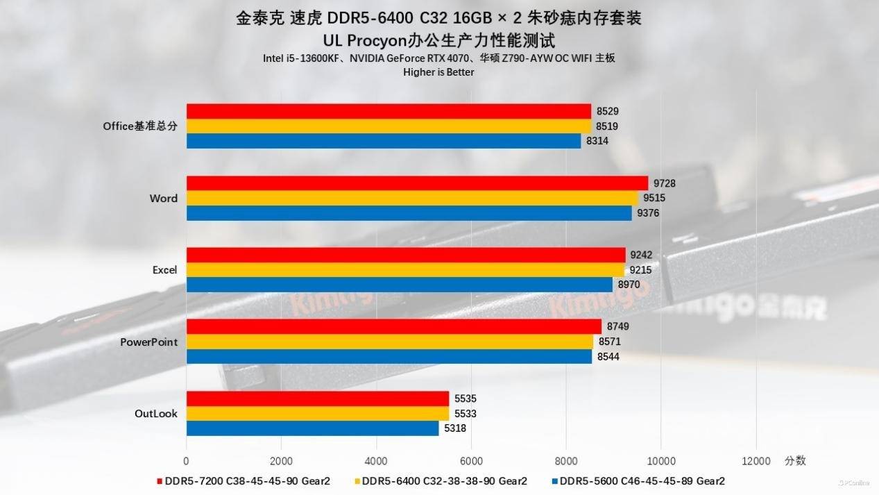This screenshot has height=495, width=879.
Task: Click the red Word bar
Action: point(416,183)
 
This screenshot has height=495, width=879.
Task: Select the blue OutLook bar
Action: point(312,428)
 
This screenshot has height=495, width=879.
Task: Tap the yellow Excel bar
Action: point(404,270)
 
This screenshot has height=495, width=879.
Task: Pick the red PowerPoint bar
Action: point(393,326)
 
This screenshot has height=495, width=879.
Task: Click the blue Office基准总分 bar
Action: point(383,141)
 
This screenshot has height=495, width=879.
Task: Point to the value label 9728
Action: point(664,183)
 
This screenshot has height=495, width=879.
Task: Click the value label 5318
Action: point(454,428)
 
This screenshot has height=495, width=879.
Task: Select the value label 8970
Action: point(629,285)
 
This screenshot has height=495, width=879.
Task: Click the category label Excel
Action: point(164,270)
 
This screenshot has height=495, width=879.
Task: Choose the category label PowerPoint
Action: point(148,342)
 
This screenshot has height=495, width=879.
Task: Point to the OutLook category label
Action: point(155,414)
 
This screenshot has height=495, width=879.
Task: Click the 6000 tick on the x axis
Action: point(471,460)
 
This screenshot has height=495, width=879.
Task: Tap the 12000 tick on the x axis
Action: point(756,460)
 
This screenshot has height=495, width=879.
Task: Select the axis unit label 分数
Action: point(795,460)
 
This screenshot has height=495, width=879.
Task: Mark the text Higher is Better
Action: point(438,72)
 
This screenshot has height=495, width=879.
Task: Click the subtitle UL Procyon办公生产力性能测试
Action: point(438,40)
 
